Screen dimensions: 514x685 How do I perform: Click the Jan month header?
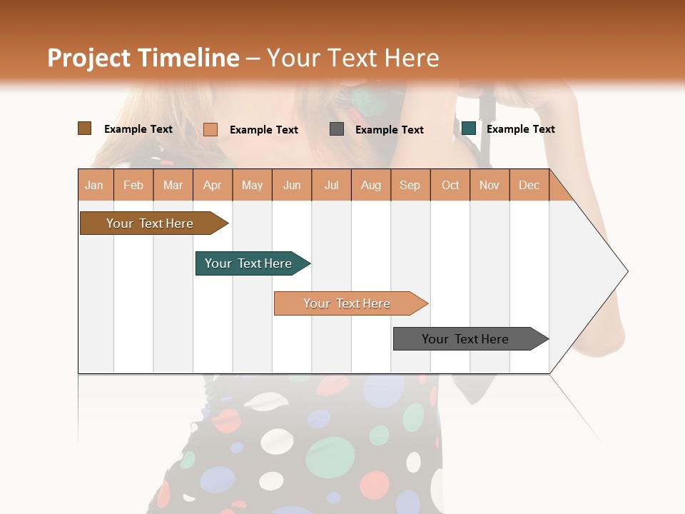tap(94, 185)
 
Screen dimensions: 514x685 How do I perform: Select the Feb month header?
tap(133, 185)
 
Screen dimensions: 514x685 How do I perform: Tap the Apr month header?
tap(212, 185)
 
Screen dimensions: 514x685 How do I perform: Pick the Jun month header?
tap(292, 185)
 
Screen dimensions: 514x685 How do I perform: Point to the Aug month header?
tap(370, 185)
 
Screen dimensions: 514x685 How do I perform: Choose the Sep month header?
tap(410, 185)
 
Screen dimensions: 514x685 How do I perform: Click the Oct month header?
tap(450, 185)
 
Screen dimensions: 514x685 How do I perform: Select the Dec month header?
tap(529, 185)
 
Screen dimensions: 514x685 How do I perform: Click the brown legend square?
tap(85, 128)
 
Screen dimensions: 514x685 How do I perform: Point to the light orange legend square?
tap(210, 129)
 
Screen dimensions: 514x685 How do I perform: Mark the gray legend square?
tap(337, 129)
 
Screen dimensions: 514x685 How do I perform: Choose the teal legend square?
tap(469, 128)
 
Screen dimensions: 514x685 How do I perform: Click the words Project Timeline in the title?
tap(143, 58)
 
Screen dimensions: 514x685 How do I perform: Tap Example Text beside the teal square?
tap(520, 129)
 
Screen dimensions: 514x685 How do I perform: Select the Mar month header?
tap(173, 185)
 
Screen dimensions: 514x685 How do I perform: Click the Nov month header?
tap(489, 185)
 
